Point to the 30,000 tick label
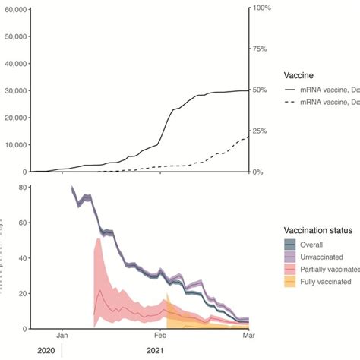pyautogui.click(x=14, y=90)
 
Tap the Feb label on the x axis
pyautogui.click(x=160, y=334)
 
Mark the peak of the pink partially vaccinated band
pyautogui.click(x=98, y=239)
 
